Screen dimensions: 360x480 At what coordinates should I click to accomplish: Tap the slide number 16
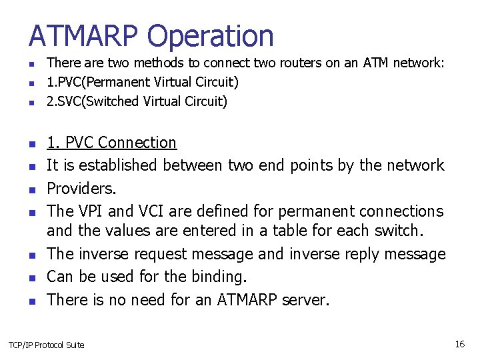coord(459,344)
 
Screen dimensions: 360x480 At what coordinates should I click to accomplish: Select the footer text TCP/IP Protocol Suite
coord(46,345)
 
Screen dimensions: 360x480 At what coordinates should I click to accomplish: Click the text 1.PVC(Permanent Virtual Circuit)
coord(142,82)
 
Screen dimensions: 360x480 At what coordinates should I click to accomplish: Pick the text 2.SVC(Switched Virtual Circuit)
coord(137,101)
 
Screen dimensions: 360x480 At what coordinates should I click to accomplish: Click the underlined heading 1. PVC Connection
coord(111,143)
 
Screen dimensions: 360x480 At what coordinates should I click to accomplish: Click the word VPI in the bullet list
coord(90,211)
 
